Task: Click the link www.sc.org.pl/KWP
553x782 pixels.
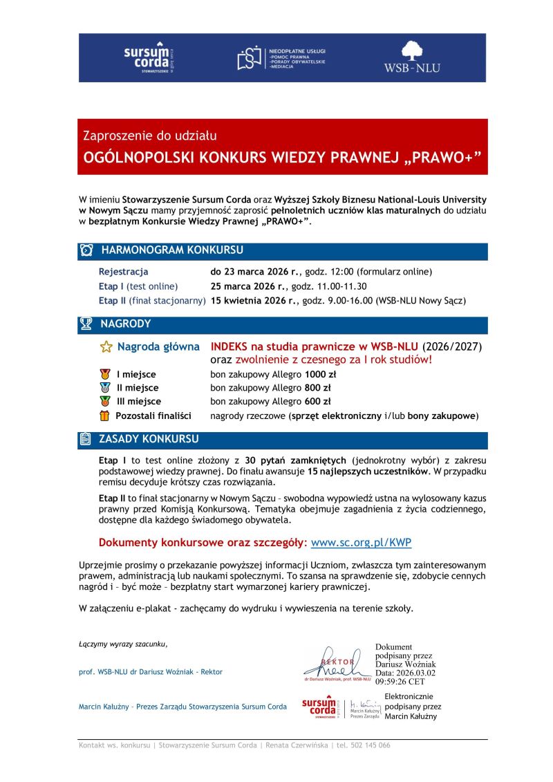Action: coord(361,543)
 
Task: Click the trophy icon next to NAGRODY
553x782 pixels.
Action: coord(86,324)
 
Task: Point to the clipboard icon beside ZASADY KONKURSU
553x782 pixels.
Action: coord(86,439)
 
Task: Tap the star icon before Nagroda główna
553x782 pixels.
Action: coord(106,346)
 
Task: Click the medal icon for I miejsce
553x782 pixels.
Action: coord(105,374)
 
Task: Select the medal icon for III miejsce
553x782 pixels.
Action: coord(105,401)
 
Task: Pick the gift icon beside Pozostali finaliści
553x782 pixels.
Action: coord(105,416)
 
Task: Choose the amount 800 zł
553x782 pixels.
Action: coord(317,388)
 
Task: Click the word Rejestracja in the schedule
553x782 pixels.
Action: coord(123,272)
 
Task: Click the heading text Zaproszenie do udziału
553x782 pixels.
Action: coord(150,136)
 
